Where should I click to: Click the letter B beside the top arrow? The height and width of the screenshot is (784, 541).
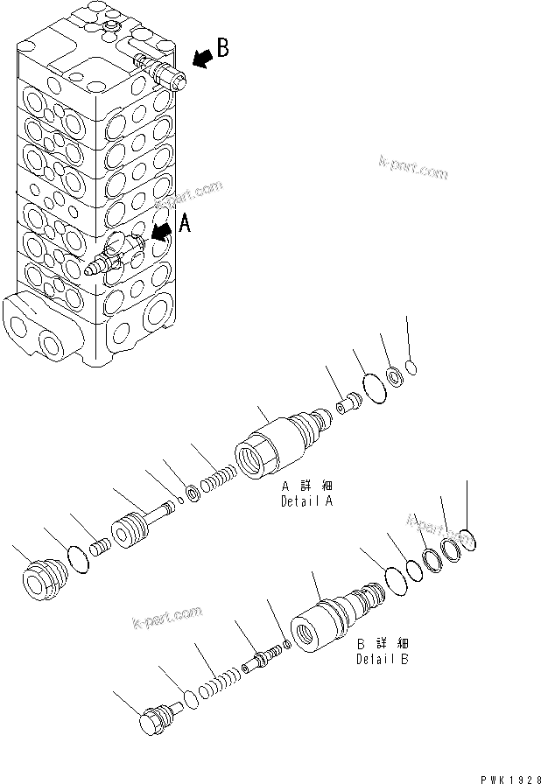tap(222, 49)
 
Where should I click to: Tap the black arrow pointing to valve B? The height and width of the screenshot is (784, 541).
tap(201, 59)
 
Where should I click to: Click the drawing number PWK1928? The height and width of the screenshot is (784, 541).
tap(506, 774)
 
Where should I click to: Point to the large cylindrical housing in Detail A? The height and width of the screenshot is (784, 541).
tap(263, 448)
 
